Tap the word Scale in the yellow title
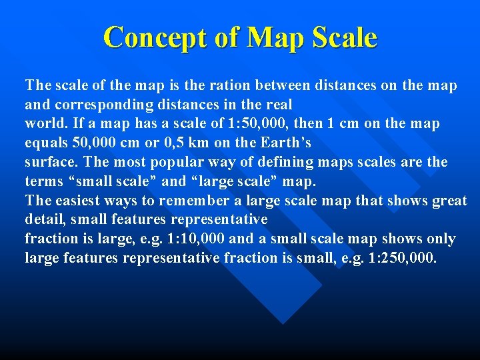click(343, 37)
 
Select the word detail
click(45, 219)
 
